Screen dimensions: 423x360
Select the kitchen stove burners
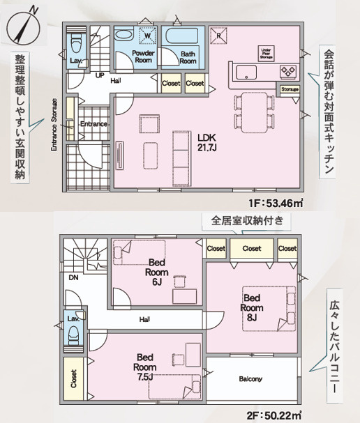[288, 70]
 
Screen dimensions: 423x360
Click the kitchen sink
[246, 72]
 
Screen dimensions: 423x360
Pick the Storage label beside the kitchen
[290, 89]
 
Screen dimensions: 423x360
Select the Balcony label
[250, 379]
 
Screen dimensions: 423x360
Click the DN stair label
[74, 277]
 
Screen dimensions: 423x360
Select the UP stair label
[100, 75]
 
